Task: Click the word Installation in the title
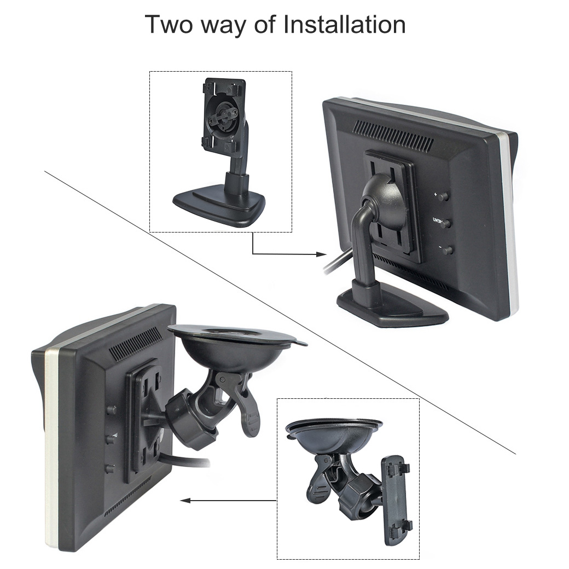click(343, 25)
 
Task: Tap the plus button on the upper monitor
click(444, 195)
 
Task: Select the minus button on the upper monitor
click(448, 251)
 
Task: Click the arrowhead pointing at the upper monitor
click(321, 254)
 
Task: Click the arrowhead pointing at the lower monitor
click(185, 500)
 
